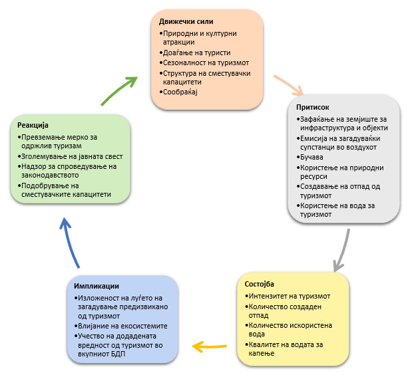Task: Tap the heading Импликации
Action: pyautogui.click(x=97, y=286)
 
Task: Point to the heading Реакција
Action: pyautogui.click(x=33, y=125)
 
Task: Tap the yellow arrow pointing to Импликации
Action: pyautogui.click(x=212, y=345)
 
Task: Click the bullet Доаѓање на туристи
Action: pyautogui.click(x=188, y=52)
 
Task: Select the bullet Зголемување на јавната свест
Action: pyautogui.click(x=65, y=156)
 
